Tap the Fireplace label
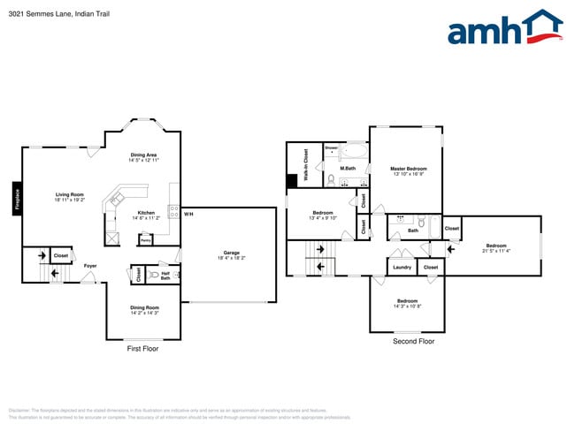16,199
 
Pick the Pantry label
145,239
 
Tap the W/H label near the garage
188,213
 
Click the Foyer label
90,265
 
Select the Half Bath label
165,276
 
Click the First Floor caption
143,349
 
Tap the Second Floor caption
413,340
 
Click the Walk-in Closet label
305,165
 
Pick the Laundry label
402,267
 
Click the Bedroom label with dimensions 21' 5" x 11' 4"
495,247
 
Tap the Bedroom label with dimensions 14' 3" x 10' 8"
406,303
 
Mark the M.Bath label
349,168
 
